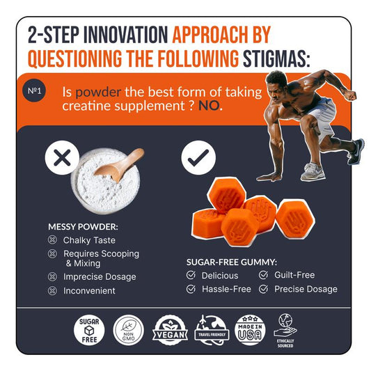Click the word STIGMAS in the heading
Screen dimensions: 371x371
coord(276,58)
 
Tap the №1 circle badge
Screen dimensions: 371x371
coord(34,90)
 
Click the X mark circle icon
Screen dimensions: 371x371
coord(62,157)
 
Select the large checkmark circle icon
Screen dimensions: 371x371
coord(198,157)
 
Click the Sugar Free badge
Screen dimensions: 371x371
coord(89,331)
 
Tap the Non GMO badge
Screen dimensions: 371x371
coord(129,331)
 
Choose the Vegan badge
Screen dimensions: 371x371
coord(170,331)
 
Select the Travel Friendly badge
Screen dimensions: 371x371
coord(212,331)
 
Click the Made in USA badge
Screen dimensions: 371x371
coord(250,331)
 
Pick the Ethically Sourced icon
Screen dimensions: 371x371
coord(285,331)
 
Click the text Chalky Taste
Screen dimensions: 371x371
coord(89,240)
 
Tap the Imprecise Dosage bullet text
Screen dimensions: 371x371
coord(100,277)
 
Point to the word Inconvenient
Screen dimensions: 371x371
coord(89,290)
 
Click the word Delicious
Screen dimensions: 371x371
coord(220,276)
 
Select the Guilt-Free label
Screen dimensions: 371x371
coord(294,275)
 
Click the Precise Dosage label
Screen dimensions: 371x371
coord(306,289)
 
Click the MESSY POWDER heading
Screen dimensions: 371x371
coord(83,227)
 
